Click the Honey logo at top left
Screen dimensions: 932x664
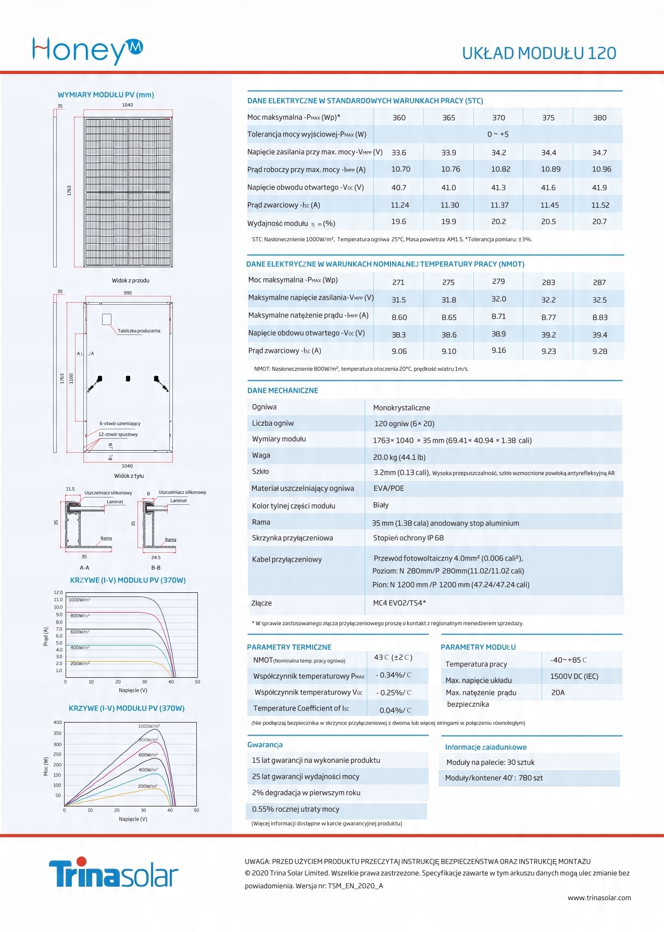(x=87, y=50)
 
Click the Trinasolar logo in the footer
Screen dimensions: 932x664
(x=114, y=874)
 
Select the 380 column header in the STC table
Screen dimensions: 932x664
(x=599, y=118)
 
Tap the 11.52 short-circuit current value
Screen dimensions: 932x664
(x=600, y=205)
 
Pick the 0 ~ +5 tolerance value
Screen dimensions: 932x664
(x=498, y=134)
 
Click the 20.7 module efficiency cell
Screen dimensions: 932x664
(x=599, y=222)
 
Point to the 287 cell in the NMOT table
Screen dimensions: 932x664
(x=599, y=282)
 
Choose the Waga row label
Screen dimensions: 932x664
(x=261, y=455)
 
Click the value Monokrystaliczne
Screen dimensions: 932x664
(x=402, y=408)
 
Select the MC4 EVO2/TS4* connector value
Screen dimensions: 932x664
(x=399, y=603)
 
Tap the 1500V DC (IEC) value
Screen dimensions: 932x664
(x=574, y=677)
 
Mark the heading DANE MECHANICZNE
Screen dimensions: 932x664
(x=282, y=391)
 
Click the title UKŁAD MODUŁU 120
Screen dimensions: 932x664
(x=539, y=53)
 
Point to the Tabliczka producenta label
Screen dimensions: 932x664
(x=139, y=331)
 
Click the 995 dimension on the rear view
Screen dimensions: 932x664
(x=128, y=293)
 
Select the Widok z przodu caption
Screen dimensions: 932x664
(x=130, y=281)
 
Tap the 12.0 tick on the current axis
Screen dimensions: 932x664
(x=58, y=593)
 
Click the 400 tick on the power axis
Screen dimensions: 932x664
(x=57, y=723)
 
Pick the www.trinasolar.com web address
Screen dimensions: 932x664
(x=599, y=898)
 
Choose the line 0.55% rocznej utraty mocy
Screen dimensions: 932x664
(x=295, y=810)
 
